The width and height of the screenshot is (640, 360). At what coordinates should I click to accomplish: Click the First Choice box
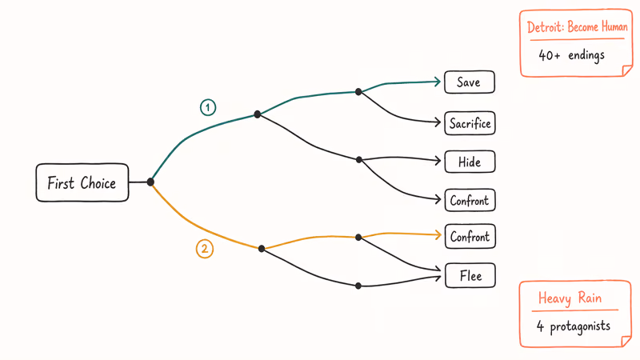[x=82, y=183]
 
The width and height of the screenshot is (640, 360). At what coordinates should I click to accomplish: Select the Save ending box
[x=469, y=82]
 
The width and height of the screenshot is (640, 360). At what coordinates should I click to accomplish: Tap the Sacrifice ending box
[x=470, y=123]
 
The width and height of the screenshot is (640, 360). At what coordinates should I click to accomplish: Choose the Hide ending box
[x=470, y=162]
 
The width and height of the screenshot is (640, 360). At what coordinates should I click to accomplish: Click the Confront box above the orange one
[x=470, y=200]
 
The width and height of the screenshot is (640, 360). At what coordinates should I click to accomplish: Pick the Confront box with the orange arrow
[x=470, y=236]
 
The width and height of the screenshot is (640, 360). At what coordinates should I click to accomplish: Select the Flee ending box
[x=470, y=276]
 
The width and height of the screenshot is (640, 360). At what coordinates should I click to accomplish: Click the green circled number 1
[x=208, y=107]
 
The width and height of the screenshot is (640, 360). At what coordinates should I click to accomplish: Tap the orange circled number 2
[x=205, y=249]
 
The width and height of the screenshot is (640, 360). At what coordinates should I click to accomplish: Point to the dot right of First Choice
[x=150, y=182]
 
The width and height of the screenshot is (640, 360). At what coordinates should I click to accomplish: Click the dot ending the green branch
[x=257, y=114]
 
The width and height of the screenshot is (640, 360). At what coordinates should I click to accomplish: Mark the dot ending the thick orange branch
[x=262, y=248]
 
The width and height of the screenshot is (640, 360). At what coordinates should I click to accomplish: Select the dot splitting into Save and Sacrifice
[x=358, y=92]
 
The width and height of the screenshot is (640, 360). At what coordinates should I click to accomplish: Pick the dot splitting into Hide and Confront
[x=358, y=159]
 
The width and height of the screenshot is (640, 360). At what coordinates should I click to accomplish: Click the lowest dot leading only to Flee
[x=358, y=286]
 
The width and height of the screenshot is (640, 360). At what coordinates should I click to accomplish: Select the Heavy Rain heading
[x=569, y=298]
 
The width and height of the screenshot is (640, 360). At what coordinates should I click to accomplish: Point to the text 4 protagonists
[x=574, y=326]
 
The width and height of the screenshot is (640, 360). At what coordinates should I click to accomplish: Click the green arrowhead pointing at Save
[x=439, y=81]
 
